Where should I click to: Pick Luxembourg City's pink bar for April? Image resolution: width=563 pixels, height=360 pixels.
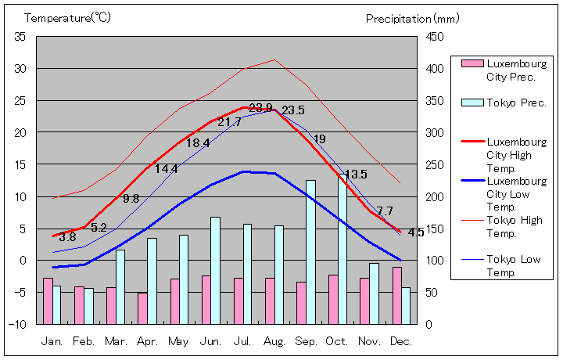click(x=142, y=308)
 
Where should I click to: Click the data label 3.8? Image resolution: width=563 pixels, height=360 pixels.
click(x=67, y=237)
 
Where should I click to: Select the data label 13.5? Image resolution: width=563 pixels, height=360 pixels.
click(x=356, y=175)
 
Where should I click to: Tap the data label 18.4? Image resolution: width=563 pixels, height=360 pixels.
click(x=197, y=143)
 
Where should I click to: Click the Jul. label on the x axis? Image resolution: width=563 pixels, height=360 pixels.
click(x=242, y=341)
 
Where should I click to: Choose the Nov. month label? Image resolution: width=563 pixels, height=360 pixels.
click(x=369, y=341)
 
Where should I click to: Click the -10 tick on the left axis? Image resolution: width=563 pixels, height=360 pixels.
click(x=18, y=324)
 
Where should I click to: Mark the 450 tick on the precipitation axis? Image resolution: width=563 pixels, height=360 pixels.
click(x=435, y=37)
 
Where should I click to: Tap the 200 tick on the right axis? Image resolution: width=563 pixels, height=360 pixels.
click(x=435, y=196)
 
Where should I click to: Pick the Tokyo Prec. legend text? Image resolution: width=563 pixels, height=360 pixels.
click(x=516, y=103)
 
